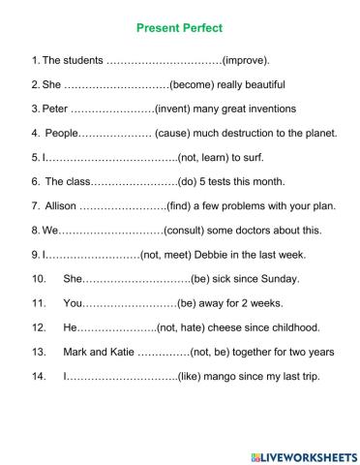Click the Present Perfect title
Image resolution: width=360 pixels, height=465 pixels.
click(x=181, y=30)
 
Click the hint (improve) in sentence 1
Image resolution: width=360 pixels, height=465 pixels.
click(x=246, y=60)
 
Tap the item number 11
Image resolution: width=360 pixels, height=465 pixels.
click(x=39, y=303)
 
